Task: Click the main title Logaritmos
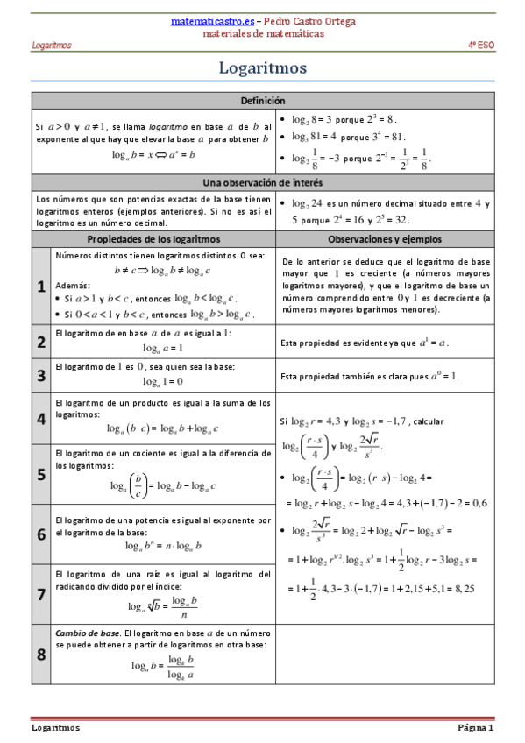click(x=262, y=67)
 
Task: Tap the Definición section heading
click(x=262, y=101)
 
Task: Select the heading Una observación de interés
click(x=262, y=182)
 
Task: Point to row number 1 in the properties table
click(x=41, y=287)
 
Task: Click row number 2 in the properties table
click(x=41, y=342)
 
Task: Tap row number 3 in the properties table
click(x=41, y=376)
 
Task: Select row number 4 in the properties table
click(x=41, y=418)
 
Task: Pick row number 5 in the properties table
click(x=41, y=473)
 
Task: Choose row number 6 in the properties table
click(x=41, y=534)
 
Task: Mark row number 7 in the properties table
click(x=41, y=593)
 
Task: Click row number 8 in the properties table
click(x=41, y=654)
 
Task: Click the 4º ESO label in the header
click(x=480, y=45)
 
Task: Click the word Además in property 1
click(x=71, y=286)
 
